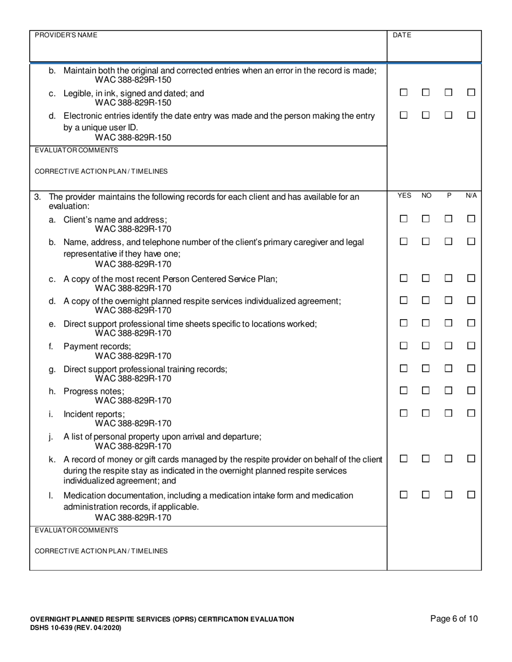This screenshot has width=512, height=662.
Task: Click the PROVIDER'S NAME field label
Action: pos(66,35)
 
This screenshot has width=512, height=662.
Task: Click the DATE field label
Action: pos(402,35)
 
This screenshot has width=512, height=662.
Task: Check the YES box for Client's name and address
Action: pos(403,219)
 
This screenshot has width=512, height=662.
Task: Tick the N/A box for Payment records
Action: pos(471,346)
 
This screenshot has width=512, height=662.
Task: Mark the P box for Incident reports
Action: pos(448,413)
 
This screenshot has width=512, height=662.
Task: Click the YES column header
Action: pos(404,196)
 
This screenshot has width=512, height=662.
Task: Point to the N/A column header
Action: pos(471,196)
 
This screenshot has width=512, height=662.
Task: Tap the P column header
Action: pos(449,196)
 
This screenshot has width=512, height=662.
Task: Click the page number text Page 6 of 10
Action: pos(454,619)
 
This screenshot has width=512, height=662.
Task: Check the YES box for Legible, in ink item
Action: pos(403,93)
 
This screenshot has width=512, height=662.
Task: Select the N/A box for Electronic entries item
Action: pos(471,115)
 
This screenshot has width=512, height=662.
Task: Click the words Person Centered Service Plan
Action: pos(223,279)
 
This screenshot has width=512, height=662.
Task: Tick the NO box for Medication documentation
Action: pos(426,495)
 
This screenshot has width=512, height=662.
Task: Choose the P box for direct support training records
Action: pos(448,369)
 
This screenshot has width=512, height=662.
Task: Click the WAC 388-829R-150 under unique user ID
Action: pos(133,137)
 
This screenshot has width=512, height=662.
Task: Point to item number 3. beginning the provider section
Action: pos(38,197)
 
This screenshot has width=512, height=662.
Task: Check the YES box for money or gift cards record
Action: pos(403,459)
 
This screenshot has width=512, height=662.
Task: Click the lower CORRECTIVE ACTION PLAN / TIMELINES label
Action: pos(101,551)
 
